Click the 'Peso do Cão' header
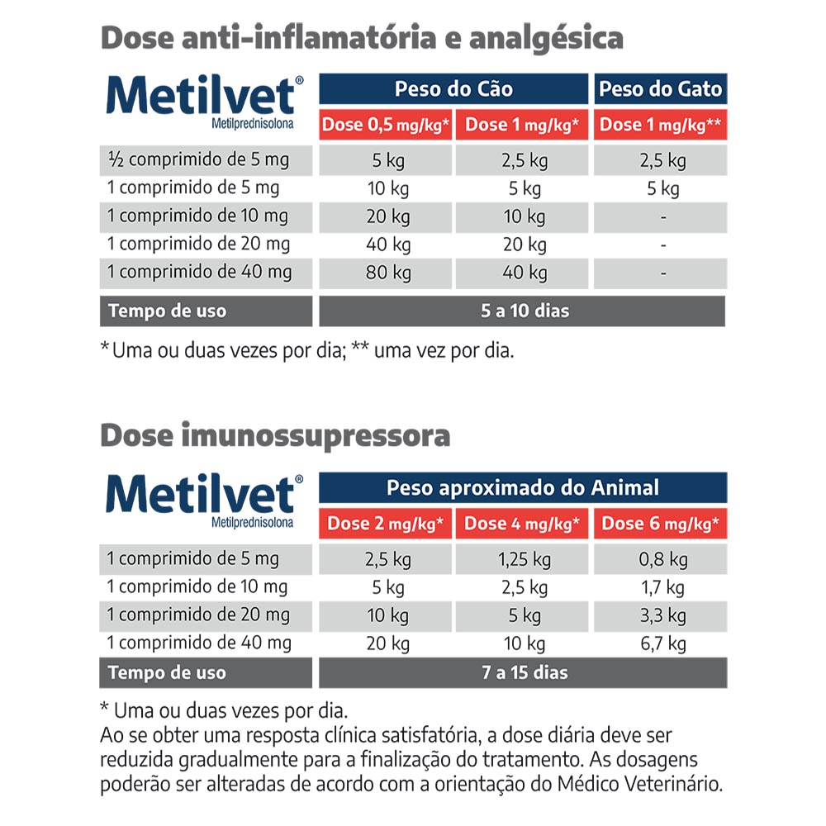pyautogui.click(x=453, y=89)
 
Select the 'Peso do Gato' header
pyautogui.click(x=660, y=89)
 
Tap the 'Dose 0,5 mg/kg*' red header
pyautogui.click(x=386, y=126)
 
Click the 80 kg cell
pyautogui.click(x=388, y=272)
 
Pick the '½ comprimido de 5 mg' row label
pyautogui.click(x=198, y=159)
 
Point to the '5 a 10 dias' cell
pyautogui.click(x=522, y=311)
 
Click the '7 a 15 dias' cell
pyautogui.click(x=524, y=672)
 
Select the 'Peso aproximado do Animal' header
pyautogui.click(x=523, y=487)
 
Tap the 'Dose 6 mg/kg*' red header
pyautogui.click(x=660, y=524)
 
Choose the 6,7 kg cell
pyautogui.click(x=664, y=643)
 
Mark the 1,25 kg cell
pyautogui.click(x=524, y=559)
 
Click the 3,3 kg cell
pyautogui.click(x=664, y=615)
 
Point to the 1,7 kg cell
pyautogui.click(x=664, y=587)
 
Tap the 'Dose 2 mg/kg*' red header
pyautogui.click(x=386, y=524)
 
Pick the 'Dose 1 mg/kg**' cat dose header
pyautogui.click(x=660, y=126)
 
